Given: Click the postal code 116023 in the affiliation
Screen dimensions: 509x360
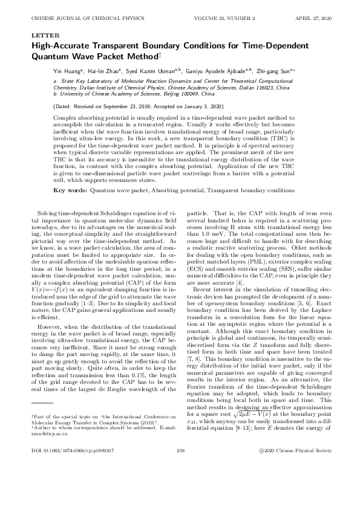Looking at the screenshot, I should pyautogui.click(x=272, y=88).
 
